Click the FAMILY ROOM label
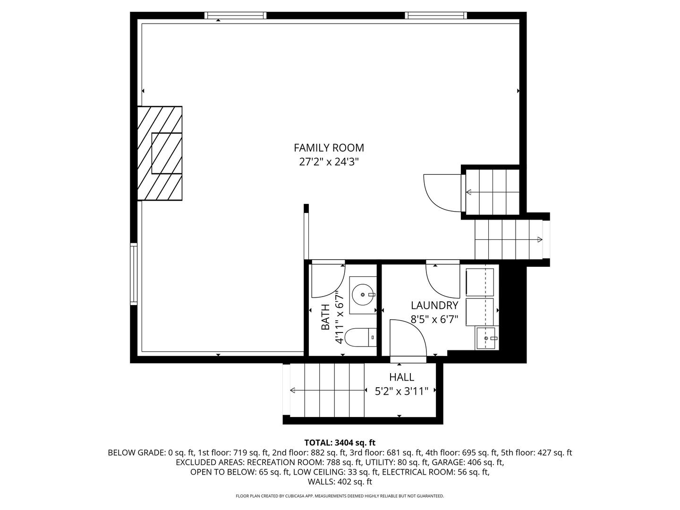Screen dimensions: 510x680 [329, 148]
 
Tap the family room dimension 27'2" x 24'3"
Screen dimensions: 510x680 [329, 162]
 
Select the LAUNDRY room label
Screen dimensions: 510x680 [434, 305]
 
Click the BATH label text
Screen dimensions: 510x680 [325, 317]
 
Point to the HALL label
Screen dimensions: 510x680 [401, 377]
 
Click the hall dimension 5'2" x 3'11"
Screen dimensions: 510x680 [401, 391]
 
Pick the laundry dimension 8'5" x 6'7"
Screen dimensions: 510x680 [434, 319]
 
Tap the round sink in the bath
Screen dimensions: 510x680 [363, 295]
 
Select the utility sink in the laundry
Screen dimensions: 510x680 [486, 338]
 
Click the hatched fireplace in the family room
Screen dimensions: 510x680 [160, 153]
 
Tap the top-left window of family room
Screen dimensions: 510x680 [235, 16]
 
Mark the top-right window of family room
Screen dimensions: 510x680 [436, 16]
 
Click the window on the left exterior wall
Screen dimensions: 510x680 [134, 274]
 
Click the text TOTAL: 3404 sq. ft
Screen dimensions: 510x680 [340, 442]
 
